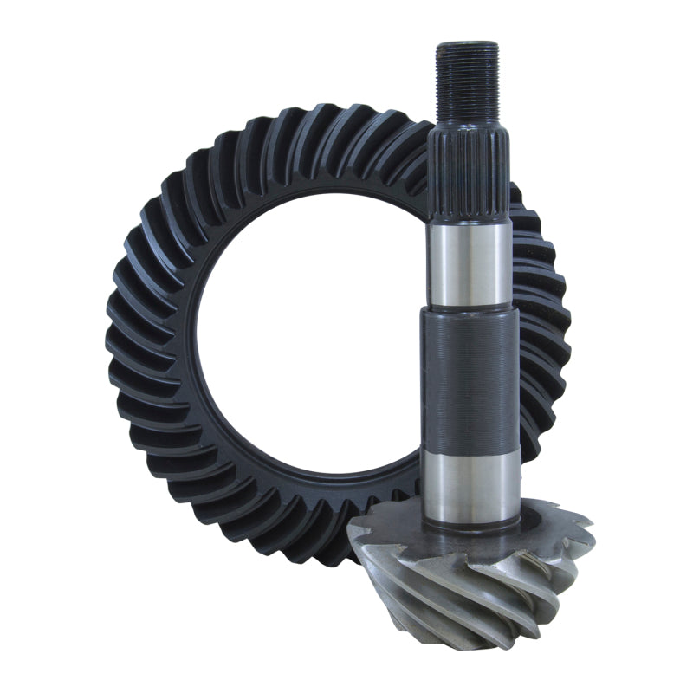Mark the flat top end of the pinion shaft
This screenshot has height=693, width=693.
[467, 44]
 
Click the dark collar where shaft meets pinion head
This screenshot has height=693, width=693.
[472, 520]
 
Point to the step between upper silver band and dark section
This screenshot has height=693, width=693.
[470, 310]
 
